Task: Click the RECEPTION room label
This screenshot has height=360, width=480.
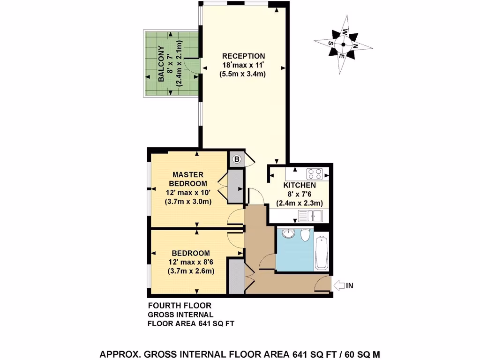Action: pos(243,56)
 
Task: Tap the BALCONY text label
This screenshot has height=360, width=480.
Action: pos(161,64)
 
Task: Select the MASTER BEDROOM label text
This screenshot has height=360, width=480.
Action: pos(187,179)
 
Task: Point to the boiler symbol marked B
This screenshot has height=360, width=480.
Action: pos(237,159)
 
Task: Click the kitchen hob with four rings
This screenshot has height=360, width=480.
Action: pos(315,174)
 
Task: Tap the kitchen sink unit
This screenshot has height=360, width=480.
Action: pos(310,216)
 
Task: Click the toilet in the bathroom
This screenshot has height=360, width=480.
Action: pos(305,234)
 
